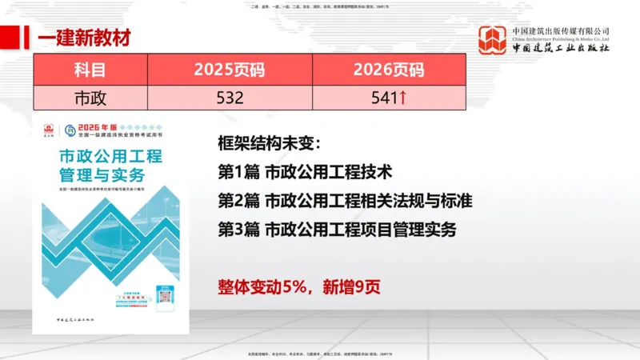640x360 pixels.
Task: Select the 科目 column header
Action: pyautogui.click(x=90, y=70)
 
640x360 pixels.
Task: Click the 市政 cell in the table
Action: pyautogui.click(x=90, y=98)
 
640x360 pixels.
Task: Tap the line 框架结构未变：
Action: pyautogui.click(x=269, y=145)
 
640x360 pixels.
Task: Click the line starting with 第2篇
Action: pyautogui.click(x=344, y=200)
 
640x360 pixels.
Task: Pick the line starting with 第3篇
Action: pyautogui.click(x=337, y=229)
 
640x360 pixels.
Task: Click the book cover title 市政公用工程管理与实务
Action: pyautogui.click(x=110, y=165)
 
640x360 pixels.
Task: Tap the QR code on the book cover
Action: pyautogui.click(x=166, y=294)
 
